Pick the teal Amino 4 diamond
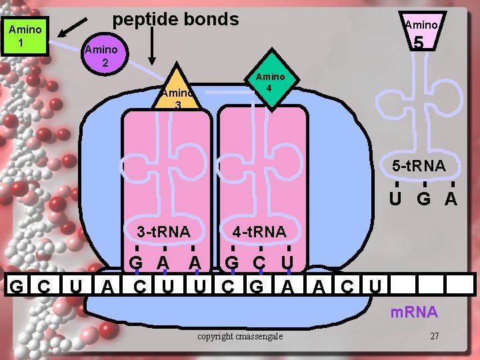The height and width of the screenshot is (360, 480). coord(271,81)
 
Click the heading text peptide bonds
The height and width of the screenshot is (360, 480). coord(175,19)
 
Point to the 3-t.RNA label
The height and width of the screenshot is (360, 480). coord(163,232)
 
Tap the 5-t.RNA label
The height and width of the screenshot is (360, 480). coord(419,165)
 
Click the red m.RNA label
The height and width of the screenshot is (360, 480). coord(413,312)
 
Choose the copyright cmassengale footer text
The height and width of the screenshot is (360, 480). coord(240,335)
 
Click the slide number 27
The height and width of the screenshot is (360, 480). coord(434,335)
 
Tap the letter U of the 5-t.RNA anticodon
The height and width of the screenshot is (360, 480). coord(395,199)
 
